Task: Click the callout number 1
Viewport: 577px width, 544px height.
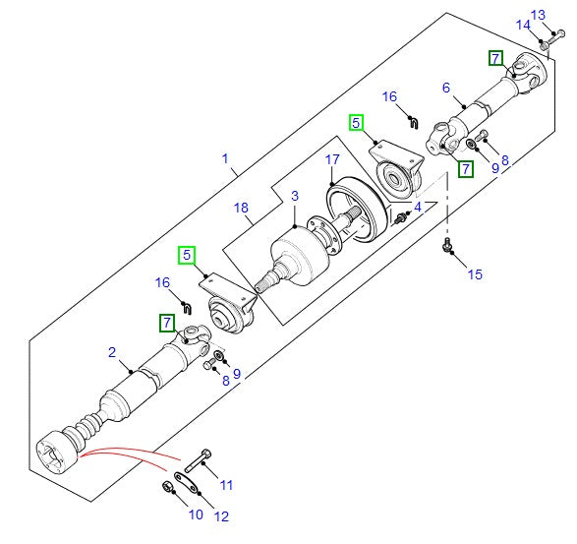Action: [x=225, y=158]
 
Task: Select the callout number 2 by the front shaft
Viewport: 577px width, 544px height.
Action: [x=112, y=352]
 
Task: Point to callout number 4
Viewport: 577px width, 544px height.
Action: [x=417, y=208]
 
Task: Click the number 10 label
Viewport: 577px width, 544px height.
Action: [x=195, y=514]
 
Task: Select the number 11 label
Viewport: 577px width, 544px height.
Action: [x=226, y=484]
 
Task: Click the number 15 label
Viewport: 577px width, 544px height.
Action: [x=475, y=274]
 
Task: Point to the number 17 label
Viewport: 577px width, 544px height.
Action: [x=333, y=158]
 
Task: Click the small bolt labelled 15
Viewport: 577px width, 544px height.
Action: [x=448, y=245]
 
